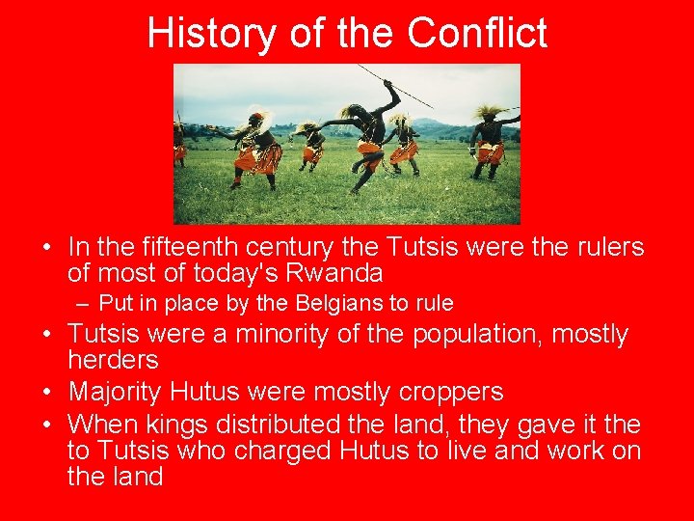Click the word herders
click(113, 360)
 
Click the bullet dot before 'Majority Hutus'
click(46, 392)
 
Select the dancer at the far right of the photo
click(491, 140)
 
